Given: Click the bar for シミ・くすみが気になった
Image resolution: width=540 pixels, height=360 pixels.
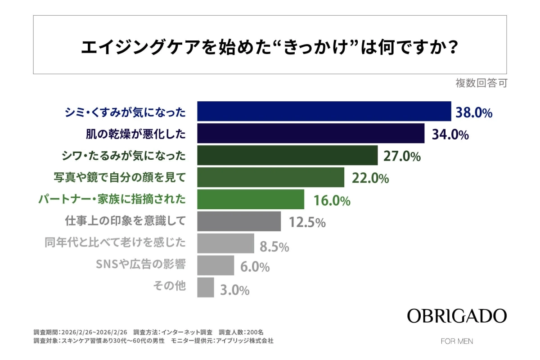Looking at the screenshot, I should coord(324,111).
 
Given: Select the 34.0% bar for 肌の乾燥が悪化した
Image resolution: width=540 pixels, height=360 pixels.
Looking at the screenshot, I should coord(311,133).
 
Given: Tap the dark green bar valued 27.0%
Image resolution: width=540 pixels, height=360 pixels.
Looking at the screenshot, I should coord(287,155).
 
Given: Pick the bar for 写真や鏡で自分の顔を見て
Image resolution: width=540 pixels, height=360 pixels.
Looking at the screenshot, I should coord(270,177).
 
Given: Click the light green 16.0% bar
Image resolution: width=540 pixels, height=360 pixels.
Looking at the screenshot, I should coord(251,199).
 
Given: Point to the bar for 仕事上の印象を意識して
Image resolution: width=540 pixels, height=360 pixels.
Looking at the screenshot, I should coord(239,221).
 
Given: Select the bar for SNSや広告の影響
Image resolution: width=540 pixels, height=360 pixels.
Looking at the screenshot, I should coord(216,265).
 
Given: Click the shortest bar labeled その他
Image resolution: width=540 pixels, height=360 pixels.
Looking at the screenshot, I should coord(206,287).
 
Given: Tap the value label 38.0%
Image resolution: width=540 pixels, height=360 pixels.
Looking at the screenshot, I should coord(474,112).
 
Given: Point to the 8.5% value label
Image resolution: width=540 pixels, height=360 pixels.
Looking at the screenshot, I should coord(274,246).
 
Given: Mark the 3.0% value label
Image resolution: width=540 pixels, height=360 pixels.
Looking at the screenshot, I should coord(234,290).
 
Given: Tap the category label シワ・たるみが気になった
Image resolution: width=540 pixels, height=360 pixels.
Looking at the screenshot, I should coord(123,155).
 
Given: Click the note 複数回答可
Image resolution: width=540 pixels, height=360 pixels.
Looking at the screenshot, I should coord(481,84).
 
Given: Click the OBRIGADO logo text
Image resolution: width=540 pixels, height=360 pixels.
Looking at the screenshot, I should coord(457,315).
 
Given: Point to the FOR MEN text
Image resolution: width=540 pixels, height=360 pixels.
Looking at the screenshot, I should coord(457,341).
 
